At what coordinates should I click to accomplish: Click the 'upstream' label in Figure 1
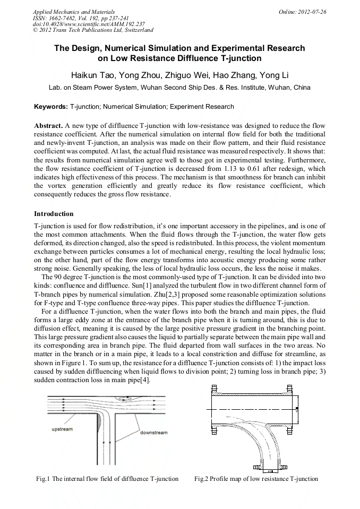(62, 429)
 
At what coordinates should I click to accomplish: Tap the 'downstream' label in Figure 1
(153, 433)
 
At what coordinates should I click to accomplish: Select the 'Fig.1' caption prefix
(43, 479)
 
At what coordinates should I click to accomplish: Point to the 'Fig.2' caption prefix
(201, 479)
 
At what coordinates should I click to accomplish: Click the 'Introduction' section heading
(54, 214)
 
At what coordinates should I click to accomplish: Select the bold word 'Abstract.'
(48, 126)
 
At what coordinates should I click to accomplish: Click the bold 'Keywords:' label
(51, 107)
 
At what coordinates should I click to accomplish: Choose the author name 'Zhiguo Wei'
(190, 74)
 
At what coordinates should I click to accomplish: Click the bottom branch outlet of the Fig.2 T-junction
(270, 468)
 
